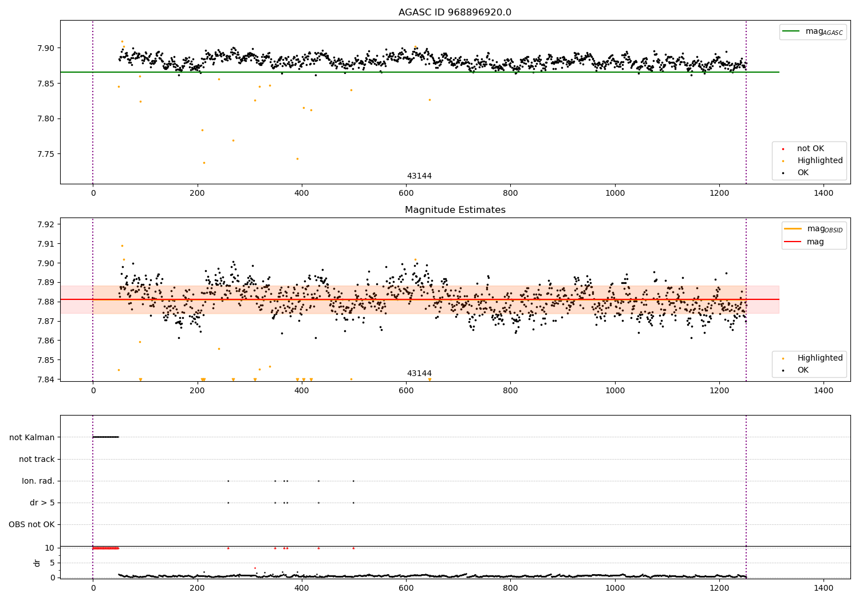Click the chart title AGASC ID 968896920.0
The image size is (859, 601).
pyautogui.click(x=455, y=12)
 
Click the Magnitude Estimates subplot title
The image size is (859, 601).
pyautogui.click(x=455, y=210)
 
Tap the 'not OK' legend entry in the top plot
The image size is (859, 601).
pyautogui.click(x=810, y=149)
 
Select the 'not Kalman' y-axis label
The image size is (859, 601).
pyautogui.click(x=32, y=437)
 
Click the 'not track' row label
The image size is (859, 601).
pyautogui.click(x=37, y=459)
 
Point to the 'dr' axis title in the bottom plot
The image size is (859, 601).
pyautogui.click(x=37, y=563)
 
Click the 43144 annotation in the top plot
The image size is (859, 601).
pyautogui.click(x=419, y=176)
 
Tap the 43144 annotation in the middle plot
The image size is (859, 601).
pyautogui.click(x=419, y=373)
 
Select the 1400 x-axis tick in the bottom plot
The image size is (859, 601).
pyautogui.click(x=823, y=588)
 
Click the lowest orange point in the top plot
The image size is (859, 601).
pyautogui.click(x=204, y=163)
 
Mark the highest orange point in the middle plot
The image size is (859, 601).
pyautogui.click(x=122, y=246)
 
